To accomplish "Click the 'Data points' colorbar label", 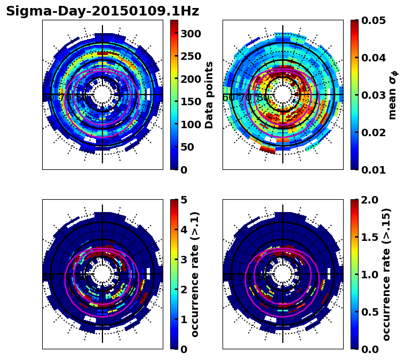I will [209, 95].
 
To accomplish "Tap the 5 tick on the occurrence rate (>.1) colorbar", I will [184, 200].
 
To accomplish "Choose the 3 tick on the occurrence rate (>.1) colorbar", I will [184, 260].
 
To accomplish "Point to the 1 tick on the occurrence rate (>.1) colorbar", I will [184, 319].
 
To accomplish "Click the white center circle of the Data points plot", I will [102, 95].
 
